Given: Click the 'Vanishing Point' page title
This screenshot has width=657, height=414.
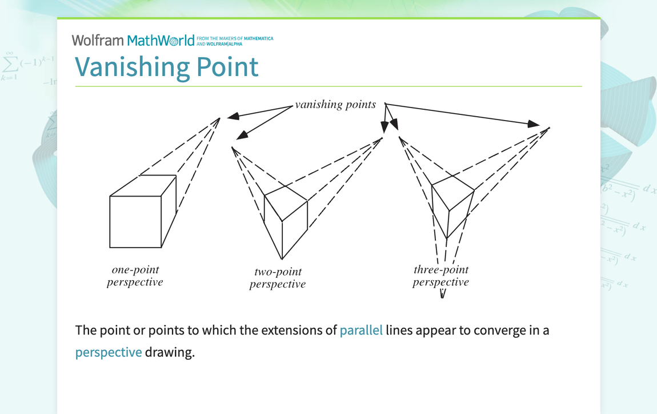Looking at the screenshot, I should (x=167, y=66).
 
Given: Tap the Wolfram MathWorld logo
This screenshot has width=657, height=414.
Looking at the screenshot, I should (x=133, y=40).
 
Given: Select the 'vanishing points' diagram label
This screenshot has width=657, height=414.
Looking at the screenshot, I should (x=335, y=104).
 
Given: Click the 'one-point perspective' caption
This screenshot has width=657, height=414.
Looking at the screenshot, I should (x=135, y=276).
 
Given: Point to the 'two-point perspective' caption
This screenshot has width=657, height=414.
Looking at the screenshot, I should (x=278, y=278).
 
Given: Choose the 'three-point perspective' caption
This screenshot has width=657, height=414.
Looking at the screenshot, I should (x=440, y=276).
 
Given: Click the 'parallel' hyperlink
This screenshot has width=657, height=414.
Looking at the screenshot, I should (x=361, y=331).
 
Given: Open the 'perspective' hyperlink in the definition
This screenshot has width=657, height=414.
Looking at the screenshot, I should (x=109, y=352).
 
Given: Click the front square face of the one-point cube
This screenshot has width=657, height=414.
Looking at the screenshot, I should (x=135, y=222).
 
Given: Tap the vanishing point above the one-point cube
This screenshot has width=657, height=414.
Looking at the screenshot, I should (x=220, y=118).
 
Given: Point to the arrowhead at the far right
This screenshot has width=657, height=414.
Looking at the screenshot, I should (x=533, y=124).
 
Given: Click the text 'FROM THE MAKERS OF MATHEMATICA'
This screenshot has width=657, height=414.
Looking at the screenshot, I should (x=235, y=38).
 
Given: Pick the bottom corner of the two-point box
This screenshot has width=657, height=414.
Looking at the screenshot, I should (x=281, y=259).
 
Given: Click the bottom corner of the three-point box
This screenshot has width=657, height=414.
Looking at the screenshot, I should (x=447, y=238).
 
